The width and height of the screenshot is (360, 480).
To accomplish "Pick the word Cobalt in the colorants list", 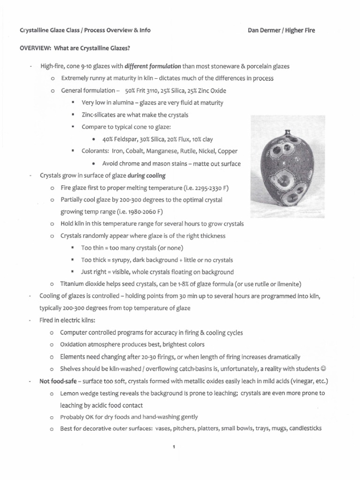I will [x=139, y=151].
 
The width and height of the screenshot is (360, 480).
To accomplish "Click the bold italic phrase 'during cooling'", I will [x=146, y=176].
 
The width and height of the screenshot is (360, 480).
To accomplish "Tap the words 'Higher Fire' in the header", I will [x=300, y=30].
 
